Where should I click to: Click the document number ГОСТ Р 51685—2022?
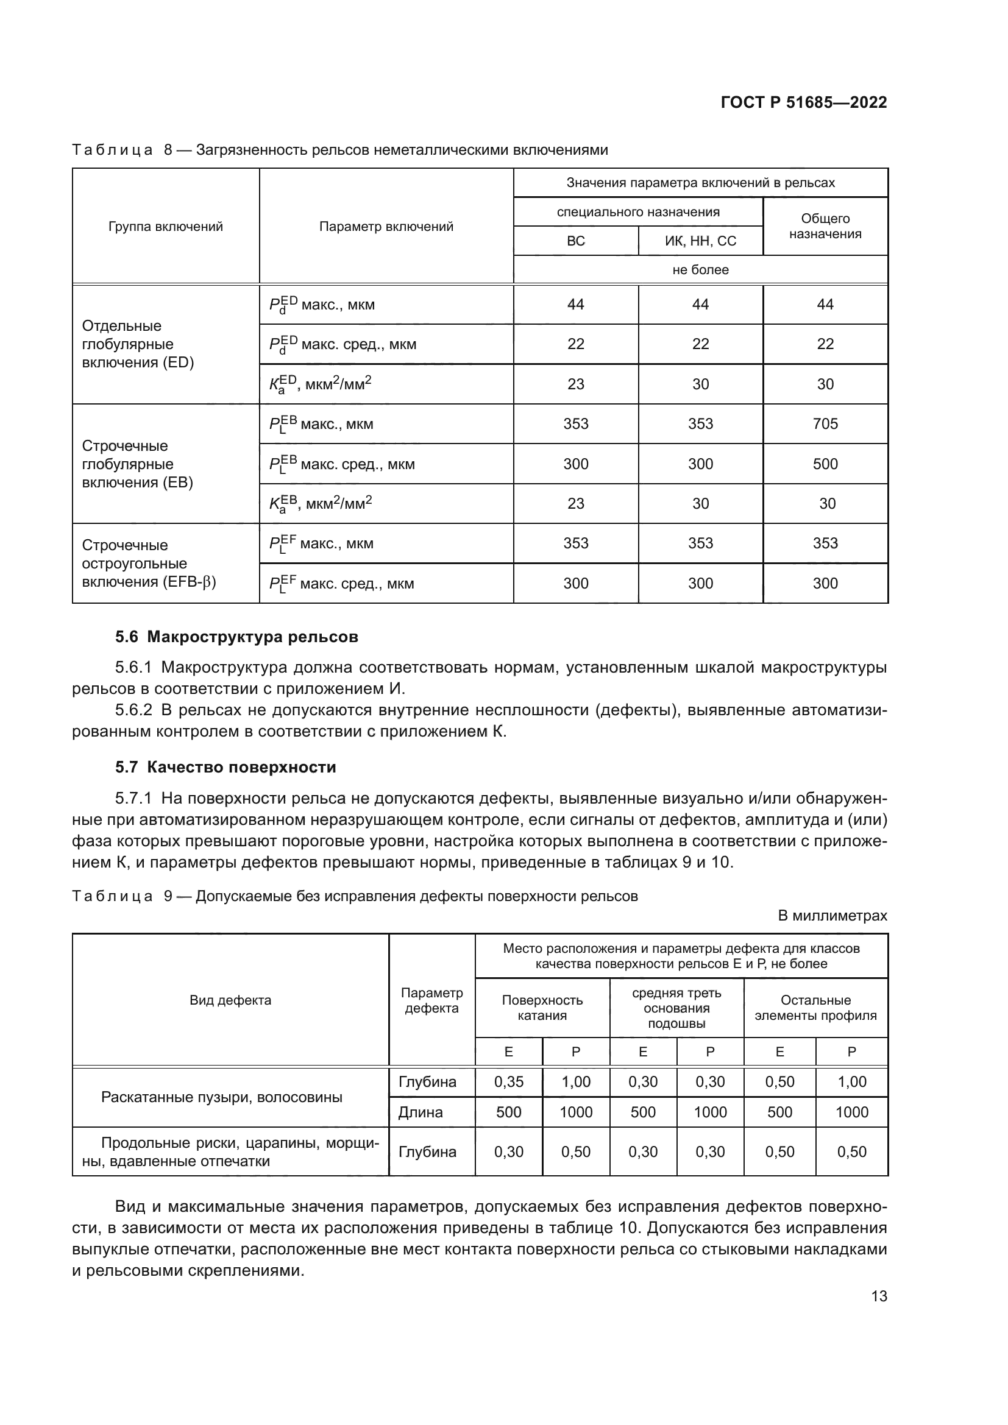coord(803,102)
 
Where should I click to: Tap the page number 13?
coord(879,1296)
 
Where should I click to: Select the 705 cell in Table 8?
coord(825,424)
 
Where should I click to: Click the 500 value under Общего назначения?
coord(825,464)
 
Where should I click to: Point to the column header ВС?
coord(575,241)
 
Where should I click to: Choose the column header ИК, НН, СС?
coord(700,241)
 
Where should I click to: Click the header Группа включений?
coord(166,227)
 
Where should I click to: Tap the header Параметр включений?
coord(386,227)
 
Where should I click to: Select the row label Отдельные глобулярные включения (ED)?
coord(138,344)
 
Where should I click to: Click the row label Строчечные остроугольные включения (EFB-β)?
coord(148,564)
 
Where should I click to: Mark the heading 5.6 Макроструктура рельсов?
coord(236,637)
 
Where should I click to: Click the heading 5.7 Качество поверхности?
coord(225,767)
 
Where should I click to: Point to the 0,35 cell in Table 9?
coord(508,1082)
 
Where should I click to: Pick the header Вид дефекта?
coord(230,1000)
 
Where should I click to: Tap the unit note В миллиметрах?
coord(832,916)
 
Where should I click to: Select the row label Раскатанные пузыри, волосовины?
coord(222,1097)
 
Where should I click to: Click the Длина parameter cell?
coord(421,1112)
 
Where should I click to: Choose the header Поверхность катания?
coord(542,1007)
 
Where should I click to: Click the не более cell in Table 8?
coord(700,270)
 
